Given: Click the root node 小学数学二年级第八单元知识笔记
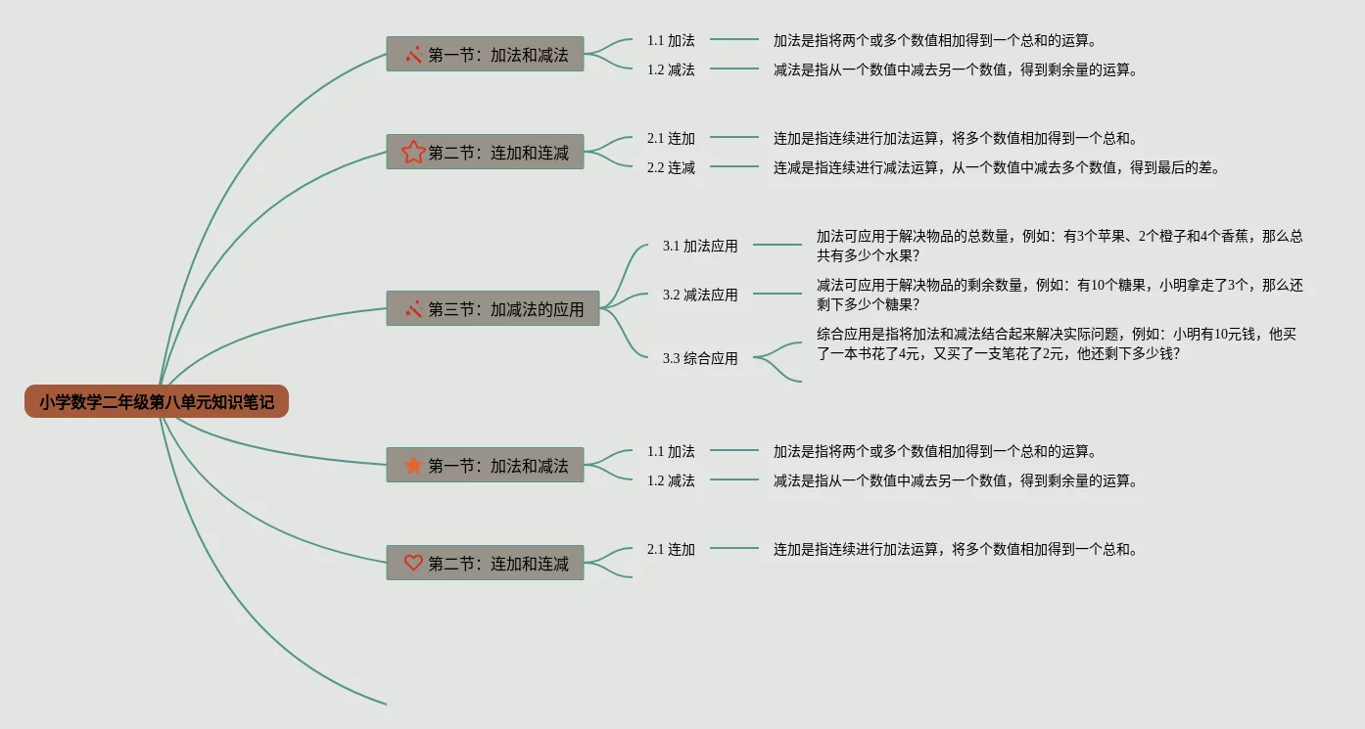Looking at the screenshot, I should pos(157,401).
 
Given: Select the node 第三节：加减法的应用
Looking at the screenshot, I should pos(493,309).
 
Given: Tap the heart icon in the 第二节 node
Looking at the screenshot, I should pos(413,563).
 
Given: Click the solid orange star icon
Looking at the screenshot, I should pos(413,465).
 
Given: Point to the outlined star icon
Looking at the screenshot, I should pos(413,152).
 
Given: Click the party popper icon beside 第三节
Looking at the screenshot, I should pos(413,309).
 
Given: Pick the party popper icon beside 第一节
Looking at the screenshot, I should pos(413,54).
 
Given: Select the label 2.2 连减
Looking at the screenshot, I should pos(671,167).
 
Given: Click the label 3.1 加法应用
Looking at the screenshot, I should pos(700,246).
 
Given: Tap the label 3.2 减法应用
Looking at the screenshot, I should pos(700,295).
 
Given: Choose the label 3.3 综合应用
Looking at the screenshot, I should pos(700,358).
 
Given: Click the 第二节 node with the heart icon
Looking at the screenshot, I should pos(485,563).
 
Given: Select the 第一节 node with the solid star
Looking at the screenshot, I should pos(485,465).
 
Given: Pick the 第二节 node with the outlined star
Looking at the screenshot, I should pos(485,152).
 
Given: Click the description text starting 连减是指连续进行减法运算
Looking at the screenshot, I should pos(997,167).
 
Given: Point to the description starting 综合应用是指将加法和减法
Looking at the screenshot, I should pos(1058,343).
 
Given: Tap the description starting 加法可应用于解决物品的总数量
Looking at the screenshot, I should pos(1059,246).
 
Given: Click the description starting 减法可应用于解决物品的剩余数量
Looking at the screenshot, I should pos(1059,295).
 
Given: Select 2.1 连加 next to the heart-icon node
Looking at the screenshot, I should pos(671,549).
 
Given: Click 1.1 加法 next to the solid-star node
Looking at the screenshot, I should pos(671,451).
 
